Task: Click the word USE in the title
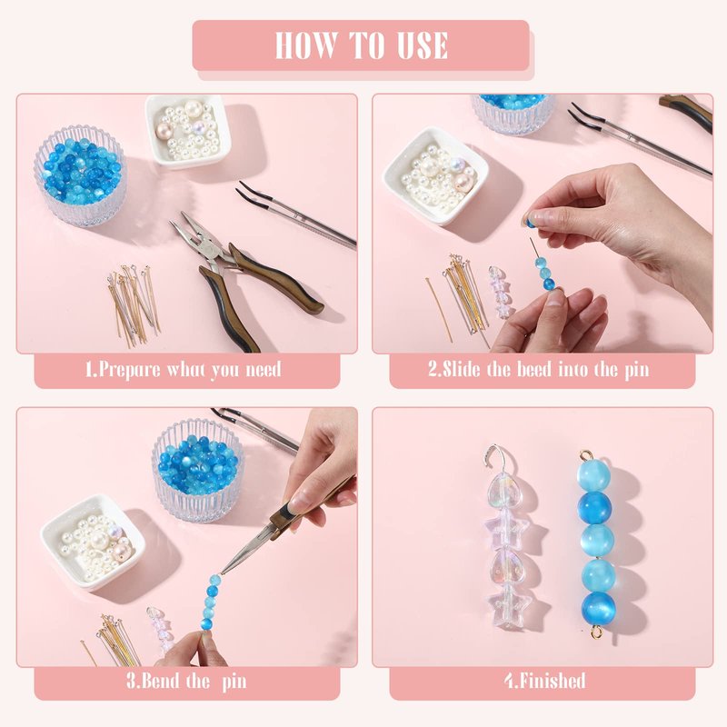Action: click(x=422, y=45)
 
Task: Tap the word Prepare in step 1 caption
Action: click(x=130, y=370)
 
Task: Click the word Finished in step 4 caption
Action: click(x=553, y=681)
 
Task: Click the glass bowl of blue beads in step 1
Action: click(x=80, y=175)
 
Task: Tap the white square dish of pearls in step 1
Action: click(x=187, y=130)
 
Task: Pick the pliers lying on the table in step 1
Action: click(x=241, y=274)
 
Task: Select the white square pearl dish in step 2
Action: click(x=436, y=175)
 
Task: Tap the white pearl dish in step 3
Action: click(x=93, y=542)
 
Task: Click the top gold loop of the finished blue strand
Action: click(x=586, y=454)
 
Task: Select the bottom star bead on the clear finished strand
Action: click(x=509, y=603)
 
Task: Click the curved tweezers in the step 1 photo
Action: click(x=296, y=214)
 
